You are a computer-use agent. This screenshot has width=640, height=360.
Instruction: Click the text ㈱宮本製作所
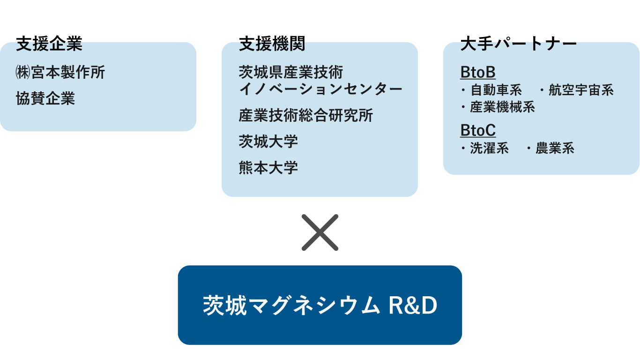pos(60,72)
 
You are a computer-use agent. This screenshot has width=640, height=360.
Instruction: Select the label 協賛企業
pos(45,98)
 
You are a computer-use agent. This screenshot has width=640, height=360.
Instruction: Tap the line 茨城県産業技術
pos(291,72)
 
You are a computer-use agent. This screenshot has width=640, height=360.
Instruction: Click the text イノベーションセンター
pos(320,89)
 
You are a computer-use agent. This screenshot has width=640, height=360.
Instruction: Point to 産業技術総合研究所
pos(306,115)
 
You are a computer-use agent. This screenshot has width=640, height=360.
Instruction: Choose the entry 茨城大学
pos(268,141)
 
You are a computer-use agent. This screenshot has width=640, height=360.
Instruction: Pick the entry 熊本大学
pos(268,167)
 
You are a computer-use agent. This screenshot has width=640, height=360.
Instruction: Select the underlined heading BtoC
pos(478,130)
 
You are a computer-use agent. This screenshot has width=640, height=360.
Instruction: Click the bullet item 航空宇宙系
pos(580,90)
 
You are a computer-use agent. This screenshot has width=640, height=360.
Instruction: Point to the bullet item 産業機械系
pos(502,107)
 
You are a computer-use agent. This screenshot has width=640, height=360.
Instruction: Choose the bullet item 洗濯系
pos(489,149)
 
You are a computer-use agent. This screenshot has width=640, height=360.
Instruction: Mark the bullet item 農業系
pos(554,149)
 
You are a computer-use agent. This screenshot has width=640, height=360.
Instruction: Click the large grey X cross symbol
pos(320,232)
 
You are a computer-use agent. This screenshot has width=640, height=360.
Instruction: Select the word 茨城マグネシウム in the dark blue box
pos(291,306)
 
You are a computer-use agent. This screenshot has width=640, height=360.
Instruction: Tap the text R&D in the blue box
pos(413,306)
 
